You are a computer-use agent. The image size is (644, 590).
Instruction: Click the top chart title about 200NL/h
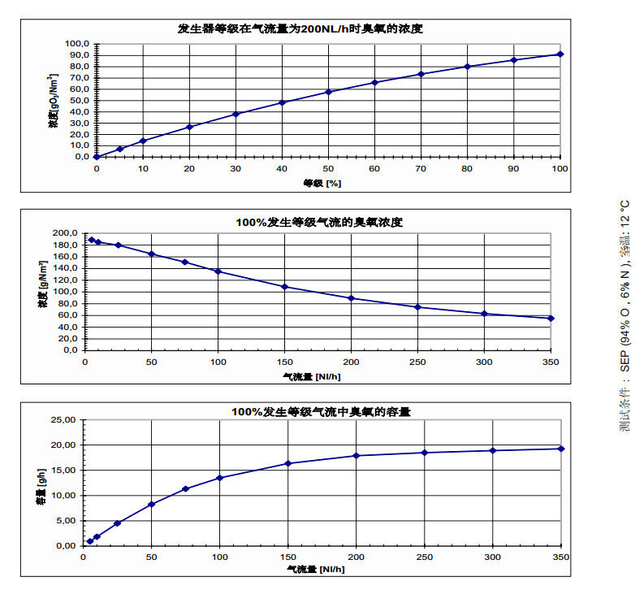(300, 28)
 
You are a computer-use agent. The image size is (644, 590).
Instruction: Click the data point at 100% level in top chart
(560, 54)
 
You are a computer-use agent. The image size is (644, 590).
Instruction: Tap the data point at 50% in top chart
(328, 92)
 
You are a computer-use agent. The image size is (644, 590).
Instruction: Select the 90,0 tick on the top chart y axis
(77, 55)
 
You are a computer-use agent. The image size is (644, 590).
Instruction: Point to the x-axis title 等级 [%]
(322, 183)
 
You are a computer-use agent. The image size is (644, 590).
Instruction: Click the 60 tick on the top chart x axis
(374, 168)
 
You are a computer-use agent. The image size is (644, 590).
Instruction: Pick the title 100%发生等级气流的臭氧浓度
(319, 222)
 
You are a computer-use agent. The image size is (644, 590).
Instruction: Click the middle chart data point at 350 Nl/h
(551, 318)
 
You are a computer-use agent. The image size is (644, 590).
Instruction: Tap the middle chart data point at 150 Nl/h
(284, 287)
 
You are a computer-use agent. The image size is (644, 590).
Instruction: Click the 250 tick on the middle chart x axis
(417, 362)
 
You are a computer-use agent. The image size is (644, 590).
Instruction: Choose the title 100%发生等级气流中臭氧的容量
(321, 412)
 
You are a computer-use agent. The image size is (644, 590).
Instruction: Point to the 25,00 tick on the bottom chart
(63, 420)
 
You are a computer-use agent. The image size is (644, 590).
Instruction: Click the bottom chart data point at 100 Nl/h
(219, 478)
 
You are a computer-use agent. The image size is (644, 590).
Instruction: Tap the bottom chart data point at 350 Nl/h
(561, 449)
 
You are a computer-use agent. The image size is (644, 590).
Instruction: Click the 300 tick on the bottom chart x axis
(492, 557)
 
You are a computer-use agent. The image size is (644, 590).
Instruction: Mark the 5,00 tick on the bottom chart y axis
(66, 520)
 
